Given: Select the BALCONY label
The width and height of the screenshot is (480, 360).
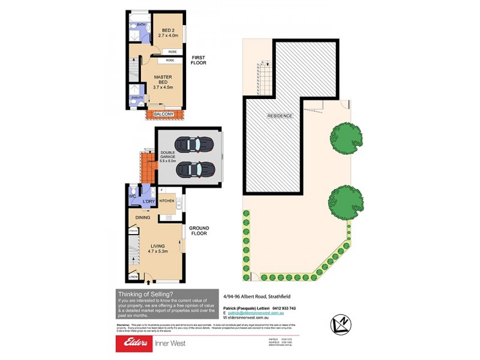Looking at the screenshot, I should pyautogui.click(x=164, y=114).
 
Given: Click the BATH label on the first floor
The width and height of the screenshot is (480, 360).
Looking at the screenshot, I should pyautogui.click(x=141, y=25).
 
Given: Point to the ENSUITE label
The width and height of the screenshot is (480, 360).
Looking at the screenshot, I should pyautogui.click(x=137, y=97).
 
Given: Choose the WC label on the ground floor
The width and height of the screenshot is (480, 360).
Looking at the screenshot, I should pyautogui.click(x=132, y=196).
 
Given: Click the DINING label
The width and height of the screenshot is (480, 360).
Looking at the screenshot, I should pyautogui.click(x=142, y=217).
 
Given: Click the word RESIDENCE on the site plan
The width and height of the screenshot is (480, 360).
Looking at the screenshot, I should pyautogui.click(x=280, y=116).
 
